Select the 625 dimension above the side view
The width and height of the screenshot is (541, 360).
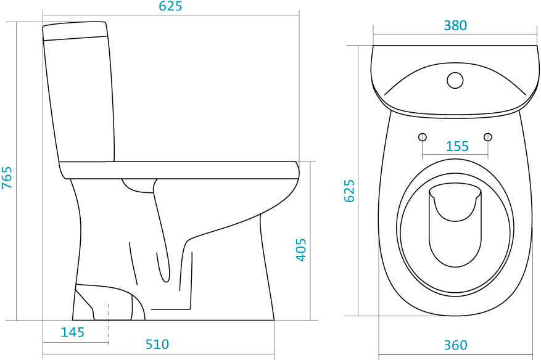(x=170, y=7)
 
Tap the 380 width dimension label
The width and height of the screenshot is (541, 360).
(x=455, y=25)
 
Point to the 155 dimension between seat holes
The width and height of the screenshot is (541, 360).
(x=456, y=147)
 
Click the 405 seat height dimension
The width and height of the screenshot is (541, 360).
(x=300, y=249)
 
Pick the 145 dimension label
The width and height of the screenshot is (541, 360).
(x=72, y=333)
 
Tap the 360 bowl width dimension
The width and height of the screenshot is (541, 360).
(x=455, y=345)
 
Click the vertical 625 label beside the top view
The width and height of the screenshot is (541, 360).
(x=349, y=191)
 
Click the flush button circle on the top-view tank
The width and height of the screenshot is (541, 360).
(x=455, y=80)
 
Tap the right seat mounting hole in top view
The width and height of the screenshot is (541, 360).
(x=488, y=136)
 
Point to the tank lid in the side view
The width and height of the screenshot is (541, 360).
(x=75, y=31)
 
